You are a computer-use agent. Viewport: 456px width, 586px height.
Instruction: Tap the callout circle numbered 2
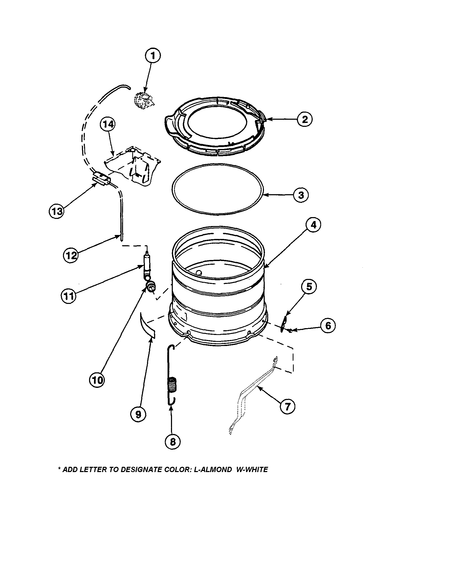tap(305, 119)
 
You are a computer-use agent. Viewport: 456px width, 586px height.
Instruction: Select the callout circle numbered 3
tap(301, 195)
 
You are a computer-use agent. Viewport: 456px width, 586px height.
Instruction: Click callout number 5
tap(309, 287)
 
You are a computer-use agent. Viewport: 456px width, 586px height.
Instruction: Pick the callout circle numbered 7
tap(287, 407)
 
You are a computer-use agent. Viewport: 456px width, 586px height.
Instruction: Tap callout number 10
tap(97, 380)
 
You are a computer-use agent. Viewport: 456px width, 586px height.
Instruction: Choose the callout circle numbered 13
tap(56, 212)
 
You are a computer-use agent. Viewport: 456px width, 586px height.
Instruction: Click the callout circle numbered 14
tap(108, 125)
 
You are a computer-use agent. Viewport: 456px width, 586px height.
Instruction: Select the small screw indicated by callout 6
tap(290, 331)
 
